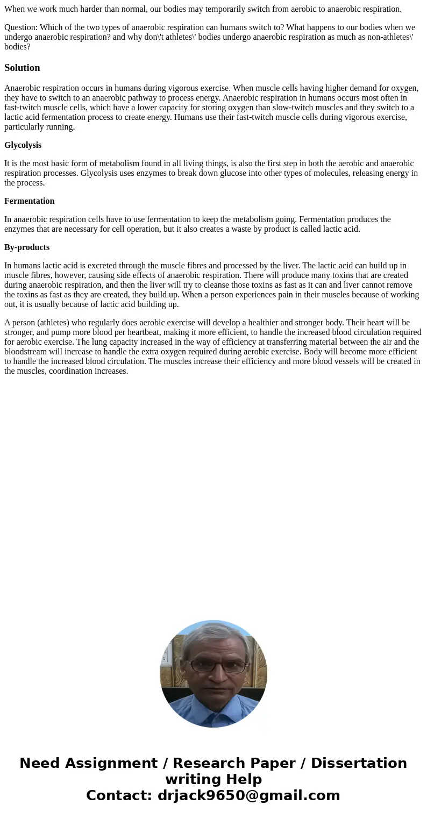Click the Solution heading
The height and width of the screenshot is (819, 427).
22,68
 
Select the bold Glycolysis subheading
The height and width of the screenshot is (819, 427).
23,145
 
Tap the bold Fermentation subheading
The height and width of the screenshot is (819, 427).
29,201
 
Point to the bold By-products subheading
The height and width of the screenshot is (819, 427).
27,247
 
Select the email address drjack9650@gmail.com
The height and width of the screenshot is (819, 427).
248,795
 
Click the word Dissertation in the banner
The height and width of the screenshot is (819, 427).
359,763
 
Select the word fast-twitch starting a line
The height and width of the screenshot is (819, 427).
22,108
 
